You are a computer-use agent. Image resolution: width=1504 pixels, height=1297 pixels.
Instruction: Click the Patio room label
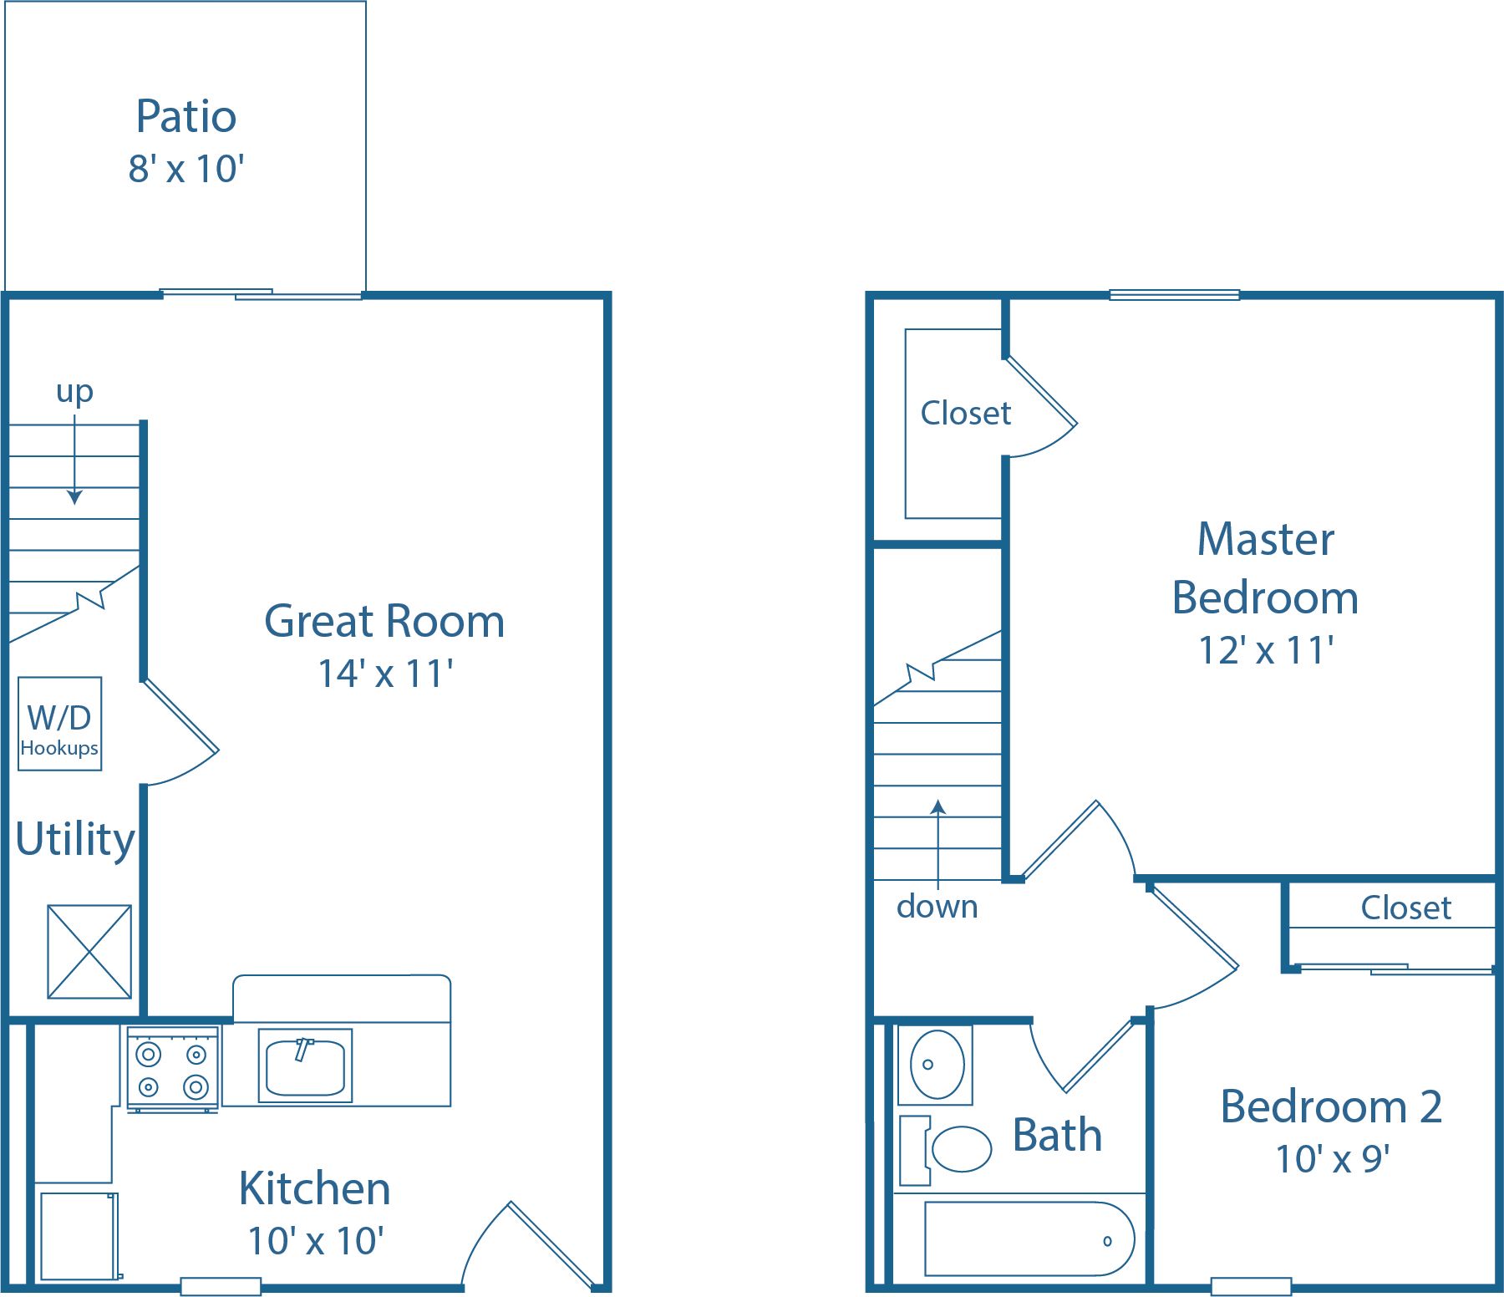(185, 116)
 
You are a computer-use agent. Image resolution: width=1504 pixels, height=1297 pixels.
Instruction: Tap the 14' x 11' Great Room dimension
(385, 674)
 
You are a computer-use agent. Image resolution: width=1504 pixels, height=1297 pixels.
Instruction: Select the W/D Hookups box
(59, 724)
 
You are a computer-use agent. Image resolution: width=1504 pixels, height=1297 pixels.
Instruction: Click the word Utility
(75, 839)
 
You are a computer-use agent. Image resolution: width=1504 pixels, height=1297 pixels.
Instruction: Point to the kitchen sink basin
(305, 1066)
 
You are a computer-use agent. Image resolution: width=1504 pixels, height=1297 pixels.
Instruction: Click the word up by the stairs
(74, 390)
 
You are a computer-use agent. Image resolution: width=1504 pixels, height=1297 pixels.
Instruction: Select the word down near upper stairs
(937, 907)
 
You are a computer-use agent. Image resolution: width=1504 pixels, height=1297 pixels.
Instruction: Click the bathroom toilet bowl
(960, 1149)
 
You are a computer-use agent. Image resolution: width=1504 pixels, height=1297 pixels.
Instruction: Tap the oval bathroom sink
(937, 1065)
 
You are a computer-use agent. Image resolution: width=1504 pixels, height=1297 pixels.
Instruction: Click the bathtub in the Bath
(1029, 1239)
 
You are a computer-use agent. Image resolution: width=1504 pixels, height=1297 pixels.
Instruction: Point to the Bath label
(1057, 1136)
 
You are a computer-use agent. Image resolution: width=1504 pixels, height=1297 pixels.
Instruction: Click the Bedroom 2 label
(1331, 1107)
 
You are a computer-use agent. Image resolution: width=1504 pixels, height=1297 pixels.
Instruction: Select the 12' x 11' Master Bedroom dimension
(1265, 651)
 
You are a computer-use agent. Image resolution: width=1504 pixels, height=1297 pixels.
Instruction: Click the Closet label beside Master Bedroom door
(965, 413)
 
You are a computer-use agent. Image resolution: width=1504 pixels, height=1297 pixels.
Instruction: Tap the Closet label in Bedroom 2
(1405, 908)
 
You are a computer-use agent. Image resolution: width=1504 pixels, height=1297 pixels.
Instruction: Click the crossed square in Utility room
(89, 951)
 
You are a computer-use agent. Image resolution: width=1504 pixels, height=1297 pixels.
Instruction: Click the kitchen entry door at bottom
(535, 1245)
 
